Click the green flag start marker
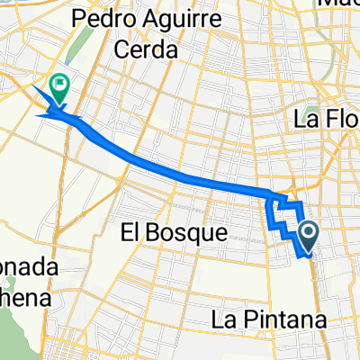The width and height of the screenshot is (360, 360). pos(60,87)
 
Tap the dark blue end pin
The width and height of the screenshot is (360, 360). pos(308,237)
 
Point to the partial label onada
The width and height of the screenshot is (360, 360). pos(27,268)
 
